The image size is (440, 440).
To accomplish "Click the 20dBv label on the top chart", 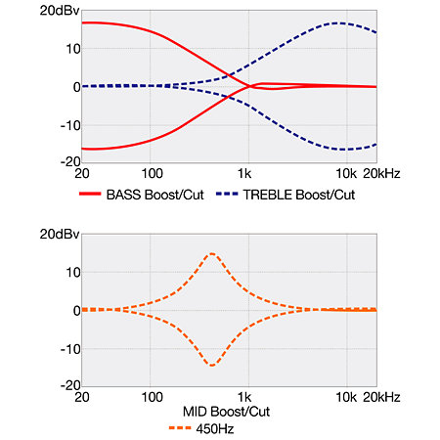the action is (x=60, y=11).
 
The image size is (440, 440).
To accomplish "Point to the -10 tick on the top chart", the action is (x=70, y=125).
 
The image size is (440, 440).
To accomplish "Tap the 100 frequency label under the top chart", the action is (x=152, y=173).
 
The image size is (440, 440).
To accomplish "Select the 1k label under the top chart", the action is (x=244, y=173).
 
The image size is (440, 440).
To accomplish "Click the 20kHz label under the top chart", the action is (x=381, y=173).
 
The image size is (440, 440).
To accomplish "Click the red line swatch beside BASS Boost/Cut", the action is (x=90, y=194).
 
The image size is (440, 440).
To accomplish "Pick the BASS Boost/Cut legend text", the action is (x=155, y=195).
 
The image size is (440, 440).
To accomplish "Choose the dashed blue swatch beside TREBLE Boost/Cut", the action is (x=227, y=194).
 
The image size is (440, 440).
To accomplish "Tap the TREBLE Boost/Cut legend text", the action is (x=299, y=195).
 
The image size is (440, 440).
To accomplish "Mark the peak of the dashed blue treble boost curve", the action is (x=340, y=22).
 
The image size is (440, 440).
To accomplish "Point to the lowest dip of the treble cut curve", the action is (x=345, y=150).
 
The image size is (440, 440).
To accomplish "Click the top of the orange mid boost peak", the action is (x=212, y=253).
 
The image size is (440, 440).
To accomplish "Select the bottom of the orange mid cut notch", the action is (x=212, y=366).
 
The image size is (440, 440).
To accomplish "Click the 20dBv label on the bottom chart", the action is (x=60, y=234).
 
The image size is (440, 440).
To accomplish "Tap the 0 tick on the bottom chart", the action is (x=77, y=311).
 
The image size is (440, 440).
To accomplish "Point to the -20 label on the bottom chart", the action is (x=70, y=385).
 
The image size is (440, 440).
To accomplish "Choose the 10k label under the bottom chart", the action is (x=346, y=397).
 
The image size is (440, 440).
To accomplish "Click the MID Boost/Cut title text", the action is (x=226, y=412).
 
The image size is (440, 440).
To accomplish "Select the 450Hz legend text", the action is (x=215, y=429).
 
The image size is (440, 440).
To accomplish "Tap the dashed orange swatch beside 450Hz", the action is (x=180, y=428).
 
